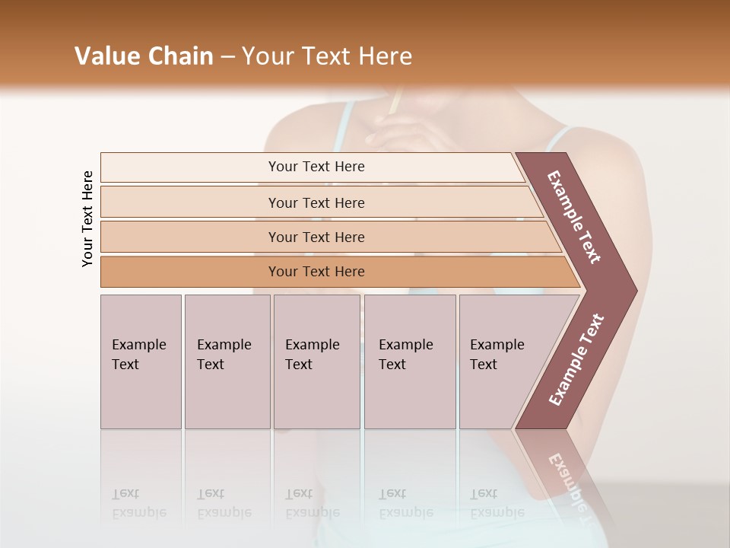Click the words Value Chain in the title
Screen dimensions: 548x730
click(x=144, y=56)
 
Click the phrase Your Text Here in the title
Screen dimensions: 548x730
click(x=327, y=56)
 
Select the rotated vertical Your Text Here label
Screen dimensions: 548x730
click(x=87, y=218)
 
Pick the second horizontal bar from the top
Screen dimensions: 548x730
click(x=316, y=202)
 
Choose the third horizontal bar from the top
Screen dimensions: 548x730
click(x=316, y=237)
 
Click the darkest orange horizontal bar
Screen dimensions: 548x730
click(x=316, y=272)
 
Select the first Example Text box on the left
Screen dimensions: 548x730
click(x=141, y=362)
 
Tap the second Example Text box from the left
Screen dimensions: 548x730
click(x=227, y=362)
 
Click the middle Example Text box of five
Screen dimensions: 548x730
click(x=316, y=362)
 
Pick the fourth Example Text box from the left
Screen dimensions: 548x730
click(x=410, y=362)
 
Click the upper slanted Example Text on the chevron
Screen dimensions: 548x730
click(x=575, y=217)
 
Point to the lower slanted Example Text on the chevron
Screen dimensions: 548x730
click(x=576, y=360)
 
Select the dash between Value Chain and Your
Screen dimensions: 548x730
click(x=227, y=57)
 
